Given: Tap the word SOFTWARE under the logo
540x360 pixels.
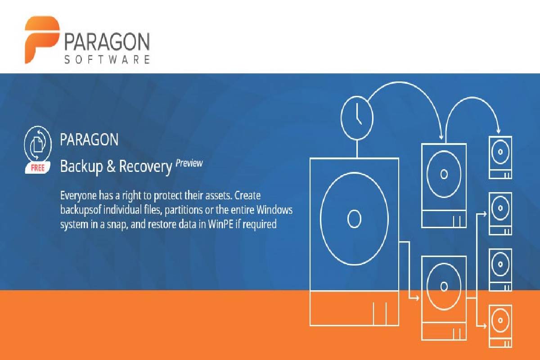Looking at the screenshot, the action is (x=107, y=59).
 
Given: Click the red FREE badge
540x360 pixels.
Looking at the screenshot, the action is (x=38, y=167).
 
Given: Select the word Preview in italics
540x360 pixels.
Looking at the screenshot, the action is (x=189, y=163).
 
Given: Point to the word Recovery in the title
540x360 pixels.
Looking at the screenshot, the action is (x=145, y=166).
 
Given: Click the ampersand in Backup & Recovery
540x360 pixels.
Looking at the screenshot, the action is (x=111, y=166).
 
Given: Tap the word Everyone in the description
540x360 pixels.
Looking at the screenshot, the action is (x=78, y=196).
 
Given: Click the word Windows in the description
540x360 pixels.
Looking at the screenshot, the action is (x=274, y=210).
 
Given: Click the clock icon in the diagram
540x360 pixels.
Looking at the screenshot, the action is (x=357, y=118).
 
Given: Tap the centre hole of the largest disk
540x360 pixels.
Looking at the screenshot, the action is (x=355, y=219).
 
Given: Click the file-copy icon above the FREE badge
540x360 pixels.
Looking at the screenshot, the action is (x=38, y=144).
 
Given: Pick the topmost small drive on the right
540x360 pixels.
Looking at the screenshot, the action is (x=500, y=157).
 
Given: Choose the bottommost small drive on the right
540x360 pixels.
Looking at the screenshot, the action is (x=500, y=326).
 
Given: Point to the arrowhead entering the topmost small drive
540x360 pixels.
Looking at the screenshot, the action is (x=498, y=130).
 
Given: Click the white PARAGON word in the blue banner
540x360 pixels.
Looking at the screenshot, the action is (x=89, y=139).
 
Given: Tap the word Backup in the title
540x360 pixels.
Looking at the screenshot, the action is (x=81, y=166).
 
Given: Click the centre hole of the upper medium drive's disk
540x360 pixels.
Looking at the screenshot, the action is (x=444, y=174).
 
